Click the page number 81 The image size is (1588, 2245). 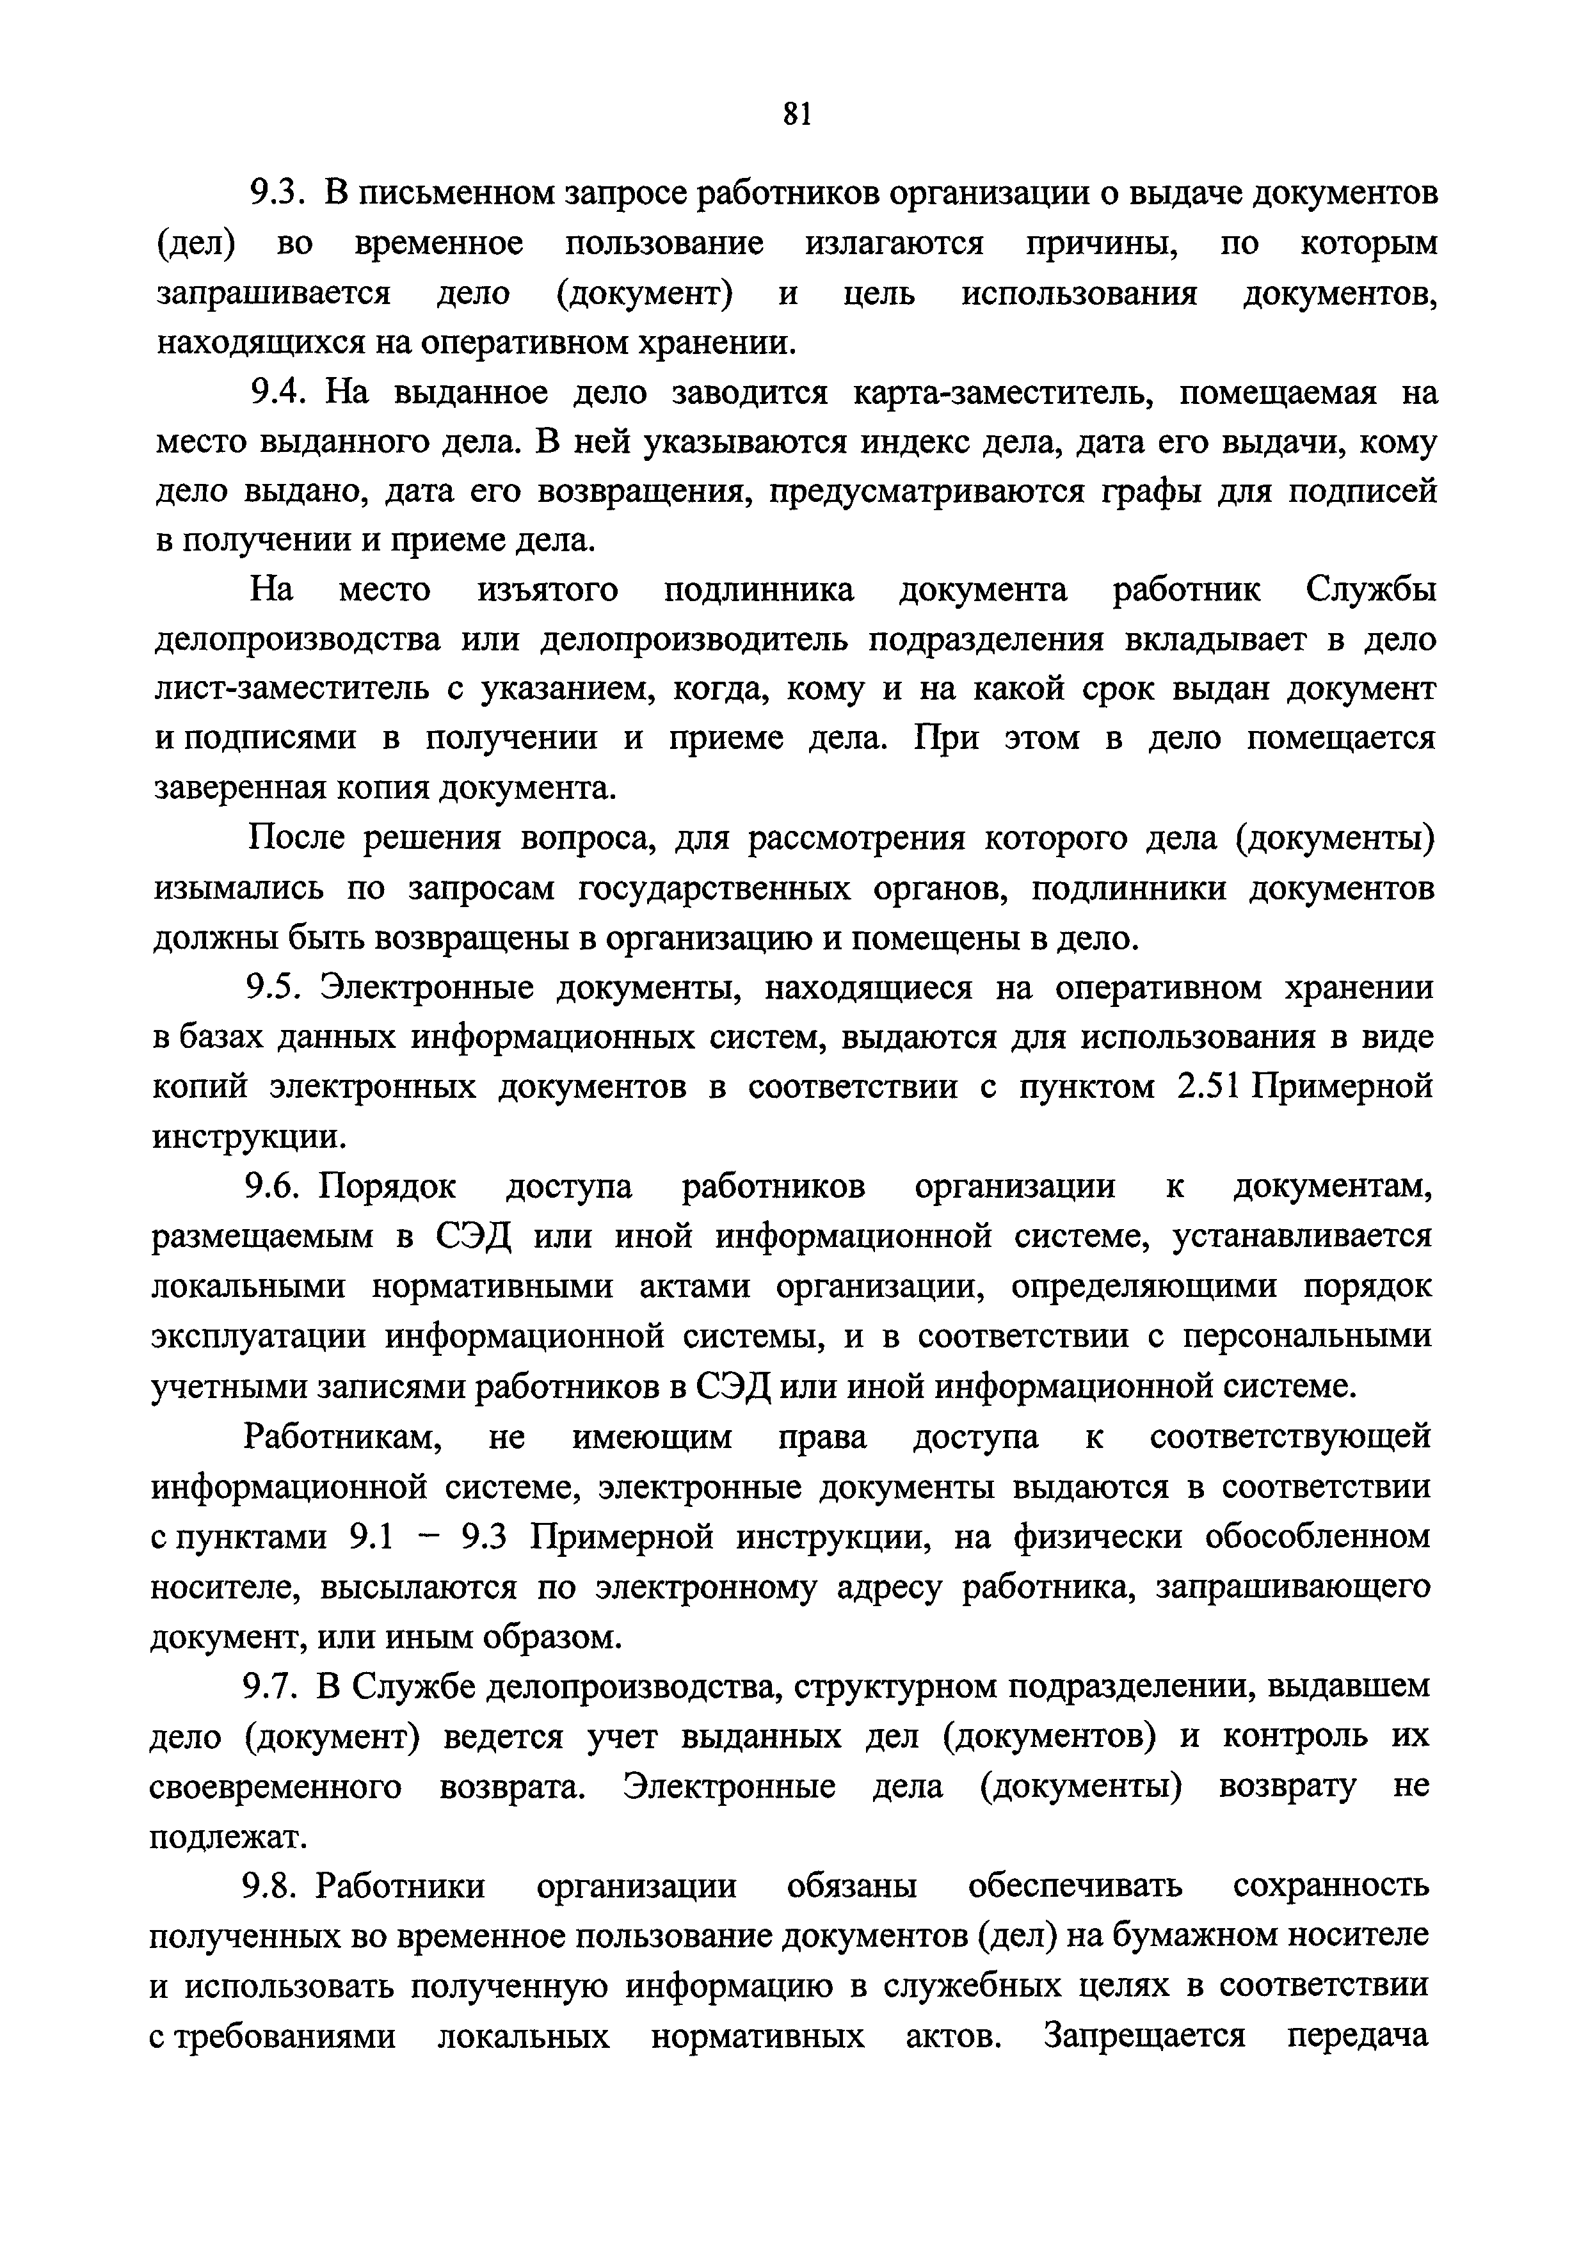(x=797, y=115)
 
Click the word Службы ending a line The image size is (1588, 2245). (x=1370, y=591)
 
